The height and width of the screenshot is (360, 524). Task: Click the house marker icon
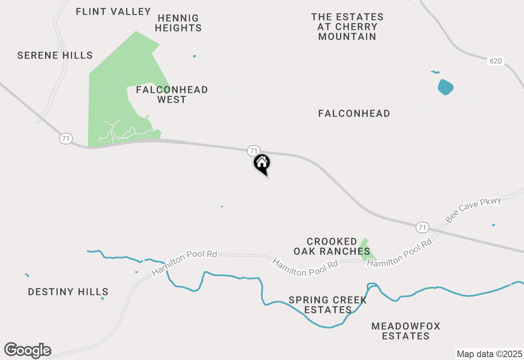262,163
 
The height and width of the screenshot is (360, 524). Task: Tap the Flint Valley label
113,11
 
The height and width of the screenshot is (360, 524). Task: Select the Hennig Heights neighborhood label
178,23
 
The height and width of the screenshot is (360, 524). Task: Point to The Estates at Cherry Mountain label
347,27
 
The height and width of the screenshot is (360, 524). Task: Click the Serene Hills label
55,55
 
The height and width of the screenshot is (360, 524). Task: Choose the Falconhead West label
172,94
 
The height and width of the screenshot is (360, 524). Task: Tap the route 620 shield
495,61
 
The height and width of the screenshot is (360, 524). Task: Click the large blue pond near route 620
445,87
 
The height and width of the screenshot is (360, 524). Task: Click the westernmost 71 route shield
65,139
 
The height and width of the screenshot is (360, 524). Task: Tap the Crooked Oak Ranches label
332,246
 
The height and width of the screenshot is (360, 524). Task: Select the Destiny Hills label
68,292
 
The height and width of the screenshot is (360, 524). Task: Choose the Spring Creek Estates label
327,305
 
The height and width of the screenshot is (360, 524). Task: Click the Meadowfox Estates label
406,331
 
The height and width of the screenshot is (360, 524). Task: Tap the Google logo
27,350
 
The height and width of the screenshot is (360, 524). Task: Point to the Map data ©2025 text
489,354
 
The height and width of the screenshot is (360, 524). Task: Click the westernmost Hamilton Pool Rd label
184,263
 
